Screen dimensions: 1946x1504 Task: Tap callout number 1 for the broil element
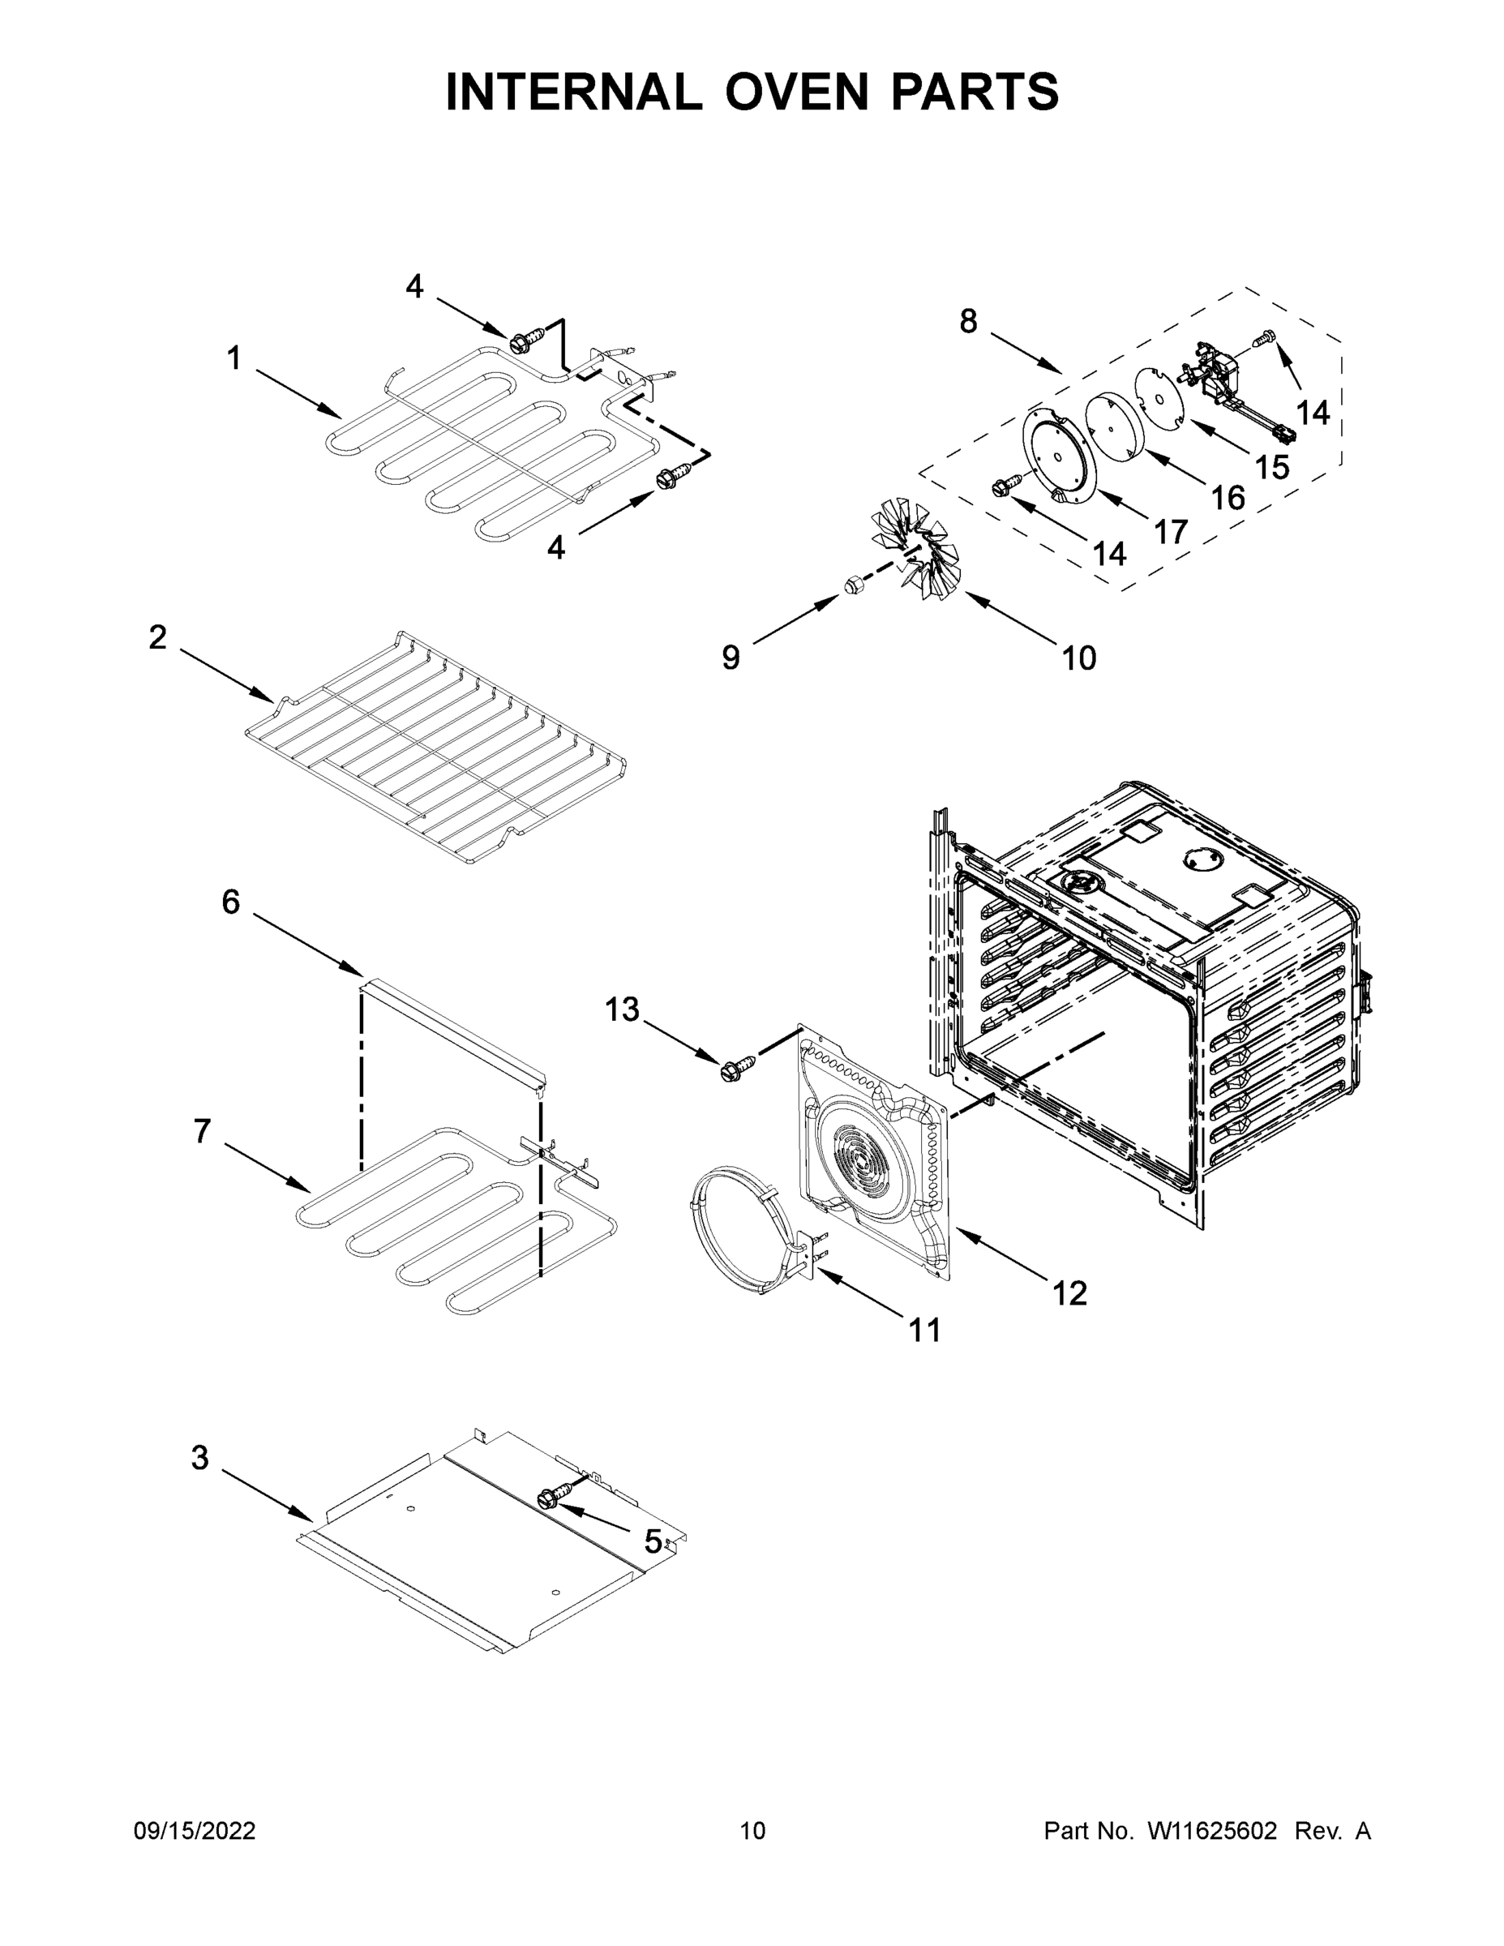(234, 359)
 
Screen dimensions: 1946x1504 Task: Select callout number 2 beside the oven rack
(158, 638)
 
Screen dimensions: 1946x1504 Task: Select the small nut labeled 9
(851, 585)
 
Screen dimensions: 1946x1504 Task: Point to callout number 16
(1228, 498)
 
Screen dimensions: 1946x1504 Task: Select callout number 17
(1171, 532)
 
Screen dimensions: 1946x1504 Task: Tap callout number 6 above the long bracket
(231, 902)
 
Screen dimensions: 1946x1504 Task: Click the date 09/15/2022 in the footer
(195, 1831)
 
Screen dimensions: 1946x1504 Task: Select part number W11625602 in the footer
(1212, 1831)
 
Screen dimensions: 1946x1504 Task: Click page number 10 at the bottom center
(752, 1831)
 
